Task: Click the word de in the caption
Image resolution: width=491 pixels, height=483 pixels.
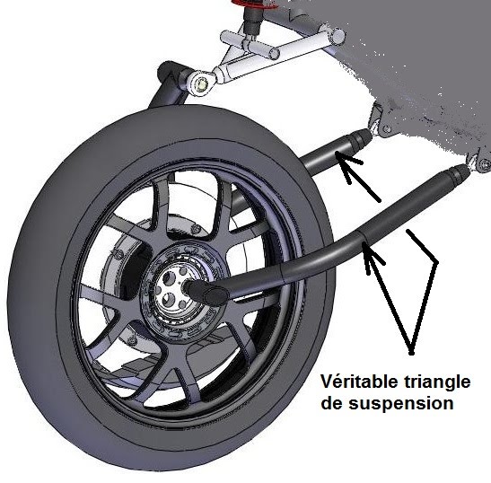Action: point(332,403)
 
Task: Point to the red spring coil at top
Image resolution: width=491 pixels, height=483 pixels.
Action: point(254,4)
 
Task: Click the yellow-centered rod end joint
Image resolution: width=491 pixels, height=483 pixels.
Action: point(201,84)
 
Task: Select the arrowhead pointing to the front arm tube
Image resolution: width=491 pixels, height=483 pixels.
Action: point(371,254)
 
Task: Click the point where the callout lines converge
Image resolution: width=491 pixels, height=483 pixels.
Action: point(411,353)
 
